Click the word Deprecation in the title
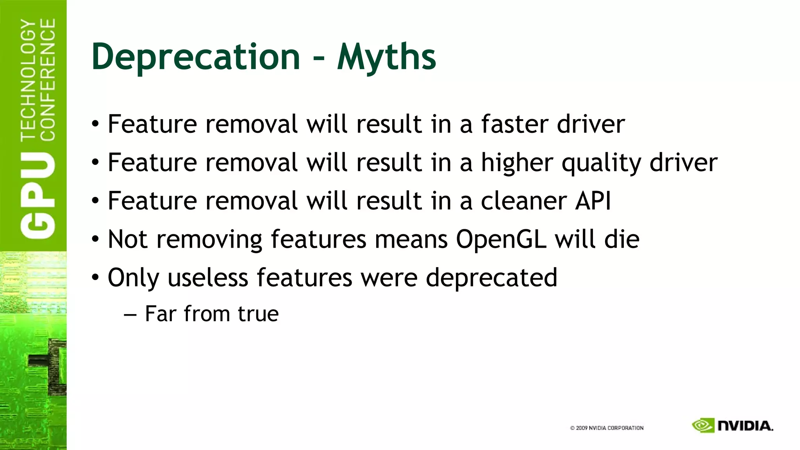click(195, 57)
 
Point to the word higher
click(516, 162)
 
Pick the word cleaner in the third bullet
click(523, 201)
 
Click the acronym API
click(592, 201)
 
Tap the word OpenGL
click(501, 239)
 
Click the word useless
click(208, 277)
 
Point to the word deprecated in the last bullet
click(491, 277)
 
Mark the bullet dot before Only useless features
click(96, 278)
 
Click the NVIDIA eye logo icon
click(703, 425)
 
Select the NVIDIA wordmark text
click(745, 426)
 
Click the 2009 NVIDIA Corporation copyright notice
click(607, 428)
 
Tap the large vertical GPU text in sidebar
click(38, 195)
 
